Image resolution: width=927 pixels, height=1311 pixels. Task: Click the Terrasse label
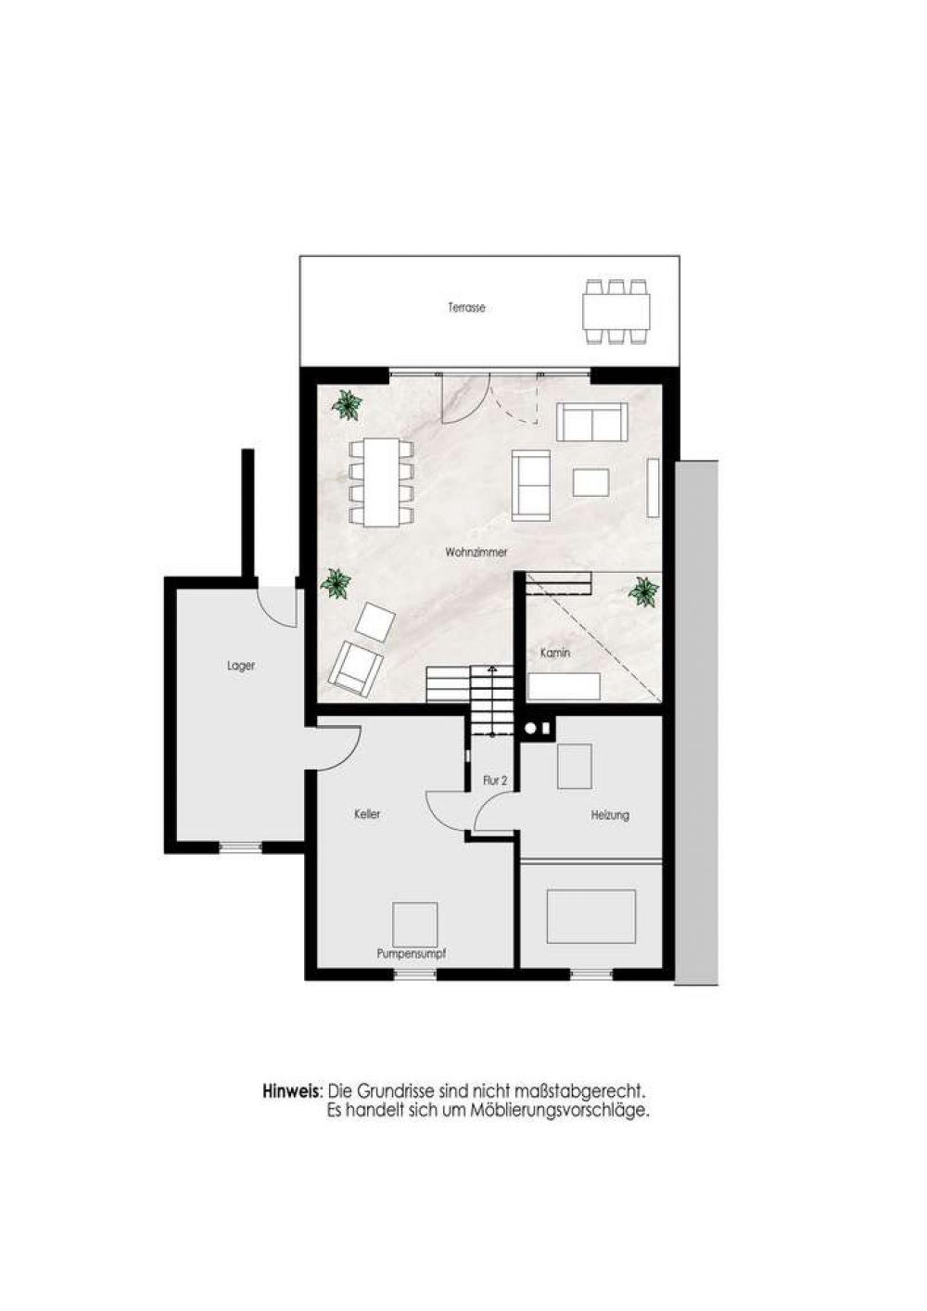click(x=466, y=307)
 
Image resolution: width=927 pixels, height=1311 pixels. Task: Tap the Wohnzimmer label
click(x=476, y=552)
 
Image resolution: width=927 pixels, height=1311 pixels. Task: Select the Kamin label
click(x=554, y=653)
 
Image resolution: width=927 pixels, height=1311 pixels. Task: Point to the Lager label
click(x=241, y=666)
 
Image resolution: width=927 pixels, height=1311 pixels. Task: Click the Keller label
click(x=367, y=813)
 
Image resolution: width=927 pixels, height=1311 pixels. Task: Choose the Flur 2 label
click(x=495, y=780)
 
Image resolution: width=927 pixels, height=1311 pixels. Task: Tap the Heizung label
click(x=610, y=815)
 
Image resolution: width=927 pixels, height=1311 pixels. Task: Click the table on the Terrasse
click(x=616, y=312)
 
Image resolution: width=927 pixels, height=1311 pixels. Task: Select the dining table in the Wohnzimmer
click(x=382, y=482)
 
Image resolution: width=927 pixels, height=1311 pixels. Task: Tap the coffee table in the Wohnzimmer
click(x=591, y=483)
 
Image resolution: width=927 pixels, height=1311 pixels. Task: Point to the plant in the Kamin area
click(x=643, y=592)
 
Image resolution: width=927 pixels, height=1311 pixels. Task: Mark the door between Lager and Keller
click(x=332, y=747)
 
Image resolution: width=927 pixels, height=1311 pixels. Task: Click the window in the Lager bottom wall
click(x=240, y=846)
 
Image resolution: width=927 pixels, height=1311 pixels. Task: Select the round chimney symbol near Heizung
click(x=531, y=729)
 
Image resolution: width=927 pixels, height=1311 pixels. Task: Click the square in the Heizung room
click(x=574, y=766)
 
